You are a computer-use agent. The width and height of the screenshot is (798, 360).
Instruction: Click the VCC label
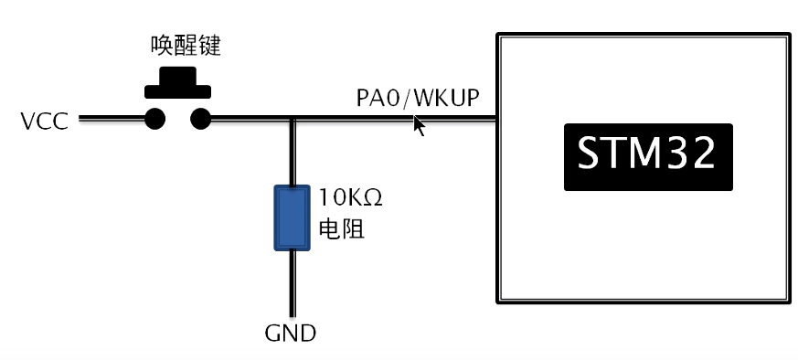coord(44,120)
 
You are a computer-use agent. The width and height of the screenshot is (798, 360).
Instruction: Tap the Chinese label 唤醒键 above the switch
coord(186,45)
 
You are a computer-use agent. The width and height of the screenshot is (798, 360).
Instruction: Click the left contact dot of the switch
coord(155,118)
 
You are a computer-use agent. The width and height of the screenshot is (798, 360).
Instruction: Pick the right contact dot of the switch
coord(200,118)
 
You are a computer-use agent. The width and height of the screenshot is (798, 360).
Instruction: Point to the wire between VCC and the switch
coord(111,118)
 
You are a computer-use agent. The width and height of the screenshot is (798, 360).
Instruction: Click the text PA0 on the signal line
coord(379,98)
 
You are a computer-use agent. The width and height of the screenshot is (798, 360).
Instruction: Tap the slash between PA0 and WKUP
coord(409,98)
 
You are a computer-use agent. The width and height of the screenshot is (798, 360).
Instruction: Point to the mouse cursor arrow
coord(419,125)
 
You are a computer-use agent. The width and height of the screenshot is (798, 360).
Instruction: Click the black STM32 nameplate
coord(648,156)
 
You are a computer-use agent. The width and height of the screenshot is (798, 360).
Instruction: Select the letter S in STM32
coord(591,156)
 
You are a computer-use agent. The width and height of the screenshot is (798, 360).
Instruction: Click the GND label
coord(290,334)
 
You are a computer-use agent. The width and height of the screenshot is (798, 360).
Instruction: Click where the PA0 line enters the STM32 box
coord(496,118)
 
